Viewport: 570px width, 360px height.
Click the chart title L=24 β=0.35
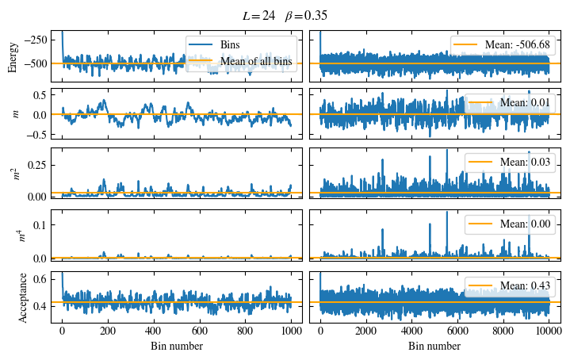(285, 15)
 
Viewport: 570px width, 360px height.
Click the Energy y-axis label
(13, 56)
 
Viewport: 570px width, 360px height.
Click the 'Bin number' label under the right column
(434, 346)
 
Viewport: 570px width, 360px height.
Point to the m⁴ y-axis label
(22, 236)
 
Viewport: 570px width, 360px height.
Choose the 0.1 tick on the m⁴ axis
(42, 225)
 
